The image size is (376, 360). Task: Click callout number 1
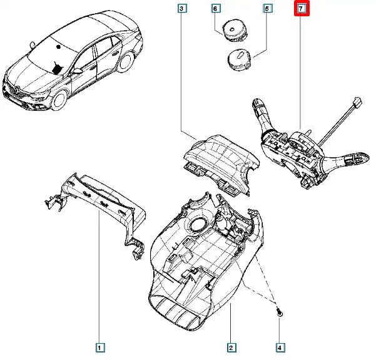100,346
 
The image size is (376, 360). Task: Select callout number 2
231,347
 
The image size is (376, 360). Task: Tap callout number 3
181,9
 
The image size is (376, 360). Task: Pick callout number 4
280,347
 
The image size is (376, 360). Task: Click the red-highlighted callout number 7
302,9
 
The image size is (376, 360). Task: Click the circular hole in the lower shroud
200,224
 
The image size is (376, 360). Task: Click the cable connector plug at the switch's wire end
359,104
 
